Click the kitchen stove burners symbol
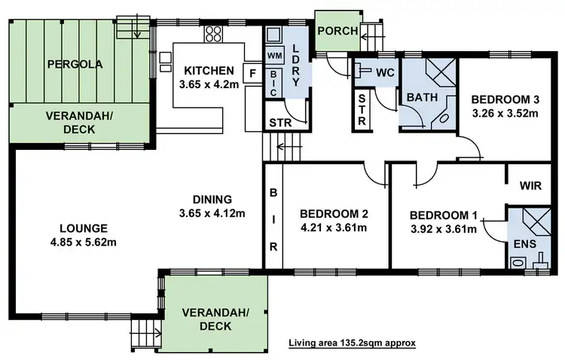214,33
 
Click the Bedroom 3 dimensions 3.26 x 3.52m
504,114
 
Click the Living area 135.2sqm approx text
353,343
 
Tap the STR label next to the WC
362,109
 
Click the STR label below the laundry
276,123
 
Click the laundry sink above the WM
273,36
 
